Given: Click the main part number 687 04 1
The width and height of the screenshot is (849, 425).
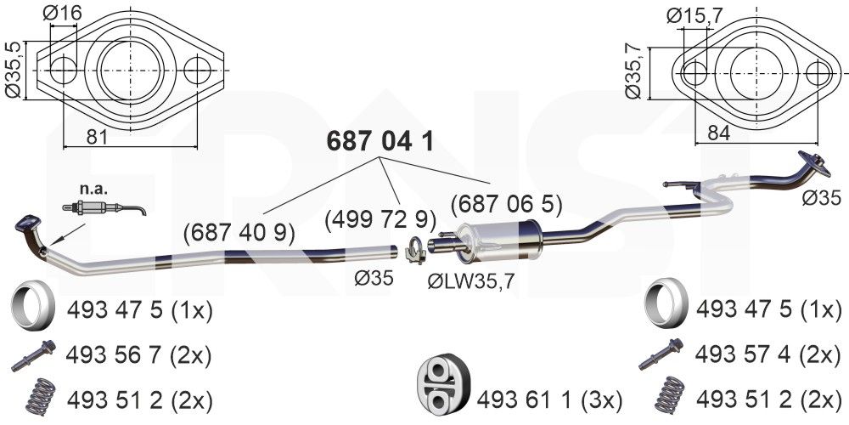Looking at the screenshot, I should [x=380, y=141].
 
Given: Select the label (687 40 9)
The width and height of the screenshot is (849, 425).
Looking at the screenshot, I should [x=239, y=230].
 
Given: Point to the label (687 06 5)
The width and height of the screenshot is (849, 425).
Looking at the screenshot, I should [x=506, y=204].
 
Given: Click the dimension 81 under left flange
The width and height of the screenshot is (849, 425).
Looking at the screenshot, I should [x=98, y=135].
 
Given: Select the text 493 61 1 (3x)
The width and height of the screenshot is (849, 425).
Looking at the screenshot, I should [x=549, y=398].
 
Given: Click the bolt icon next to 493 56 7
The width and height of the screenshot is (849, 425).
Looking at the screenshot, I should [x=33, y=355].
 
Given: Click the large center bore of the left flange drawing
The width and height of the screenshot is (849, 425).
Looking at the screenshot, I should [x=129, y=70].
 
